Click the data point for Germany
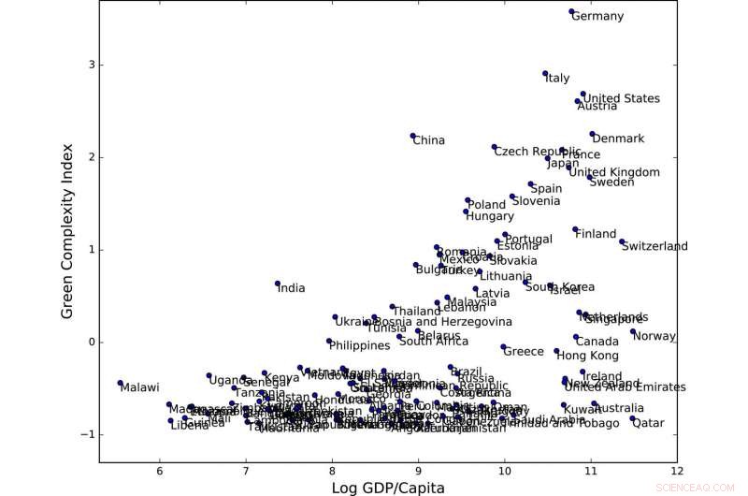click(571, 12)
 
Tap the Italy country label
click(557, 79)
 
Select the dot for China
click(412, 137)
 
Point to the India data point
click(278, 284)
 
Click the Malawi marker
click(121, 383)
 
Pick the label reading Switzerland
click(654, 247)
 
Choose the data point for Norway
click(633, 331)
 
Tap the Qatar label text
click(648, 423)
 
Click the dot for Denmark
click(592, 135)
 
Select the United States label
click(621, 99)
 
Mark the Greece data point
click(503, 347)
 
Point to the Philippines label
click(359, 346)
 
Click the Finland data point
click(575, 229)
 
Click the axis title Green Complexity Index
click(67, 230)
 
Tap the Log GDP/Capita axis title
click(389, 487)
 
